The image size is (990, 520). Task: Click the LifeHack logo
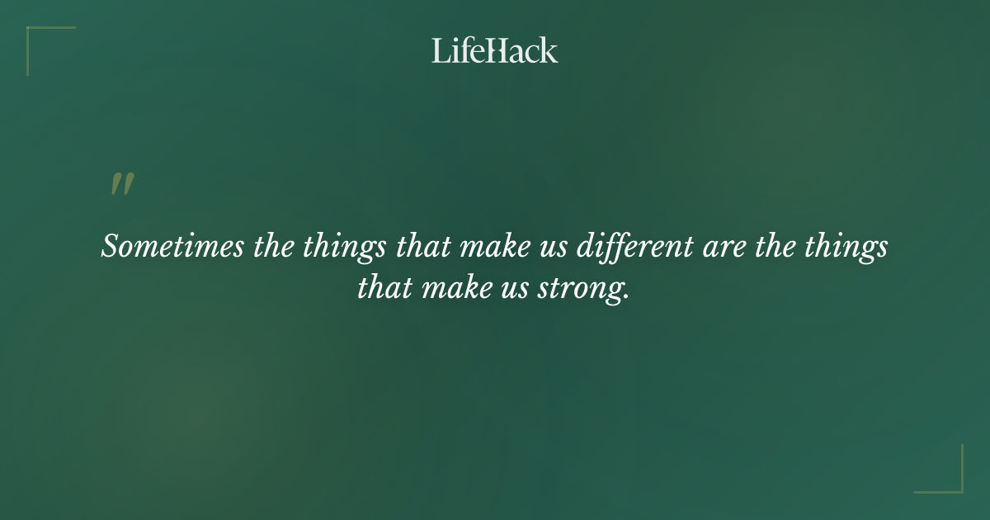pos(495,50)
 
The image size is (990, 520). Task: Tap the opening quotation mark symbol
pos(121,185)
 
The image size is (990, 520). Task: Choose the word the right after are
pos(772,247)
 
